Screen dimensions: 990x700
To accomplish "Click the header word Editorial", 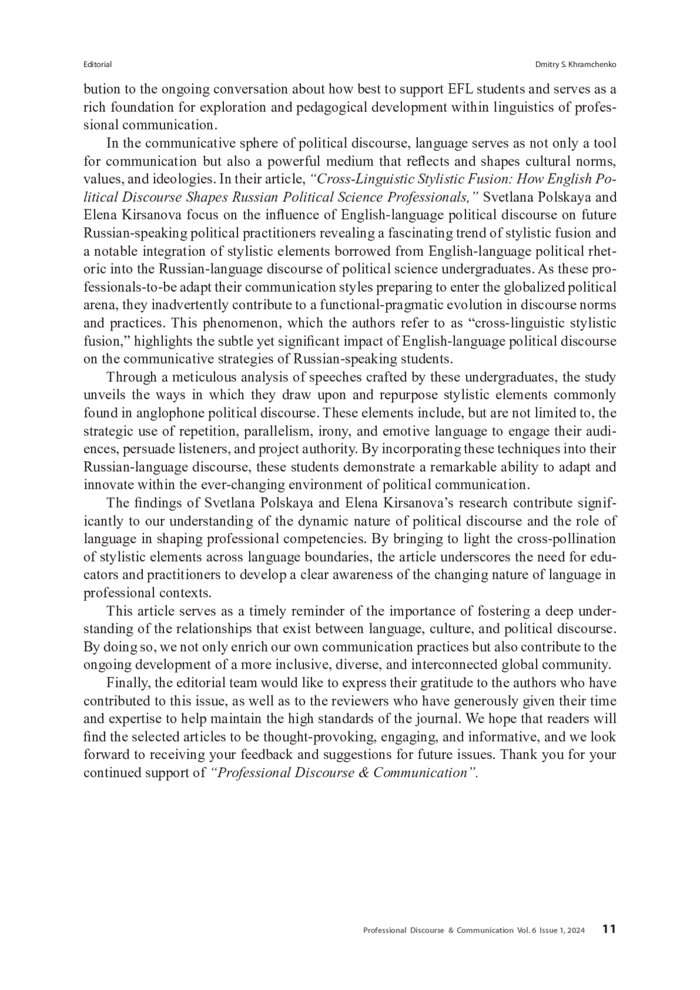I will pyautogui.click(x=97, y=64).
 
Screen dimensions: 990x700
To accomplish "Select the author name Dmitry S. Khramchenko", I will pyautogui.click(x=576, y=64).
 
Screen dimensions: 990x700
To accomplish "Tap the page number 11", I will pyautogui.click(x=609, y=929).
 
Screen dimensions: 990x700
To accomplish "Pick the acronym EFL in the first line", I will pyautogui.click(x=462, y=90).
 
